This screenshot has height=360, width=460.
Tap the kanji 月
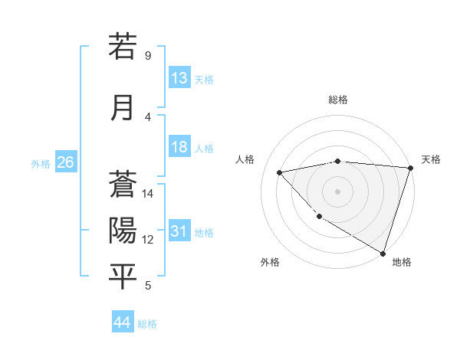[x=123, y=107]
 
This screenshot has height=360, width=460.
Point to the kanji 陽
[x=123, y=231]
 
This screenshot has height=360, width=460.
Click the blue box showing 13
[x=179, y=78]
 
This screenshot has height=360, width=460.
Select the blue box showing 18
[x=179, y=148]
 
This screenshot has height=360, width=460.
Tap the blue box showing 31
[x=179, y=232]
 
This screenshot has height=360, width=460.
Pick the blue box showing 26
[x=65, y=162]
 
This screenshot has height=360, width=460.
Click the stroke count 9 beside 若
[x=148, y=55]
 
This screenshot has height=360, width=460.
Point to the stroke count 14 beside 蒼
[x=149, y=194]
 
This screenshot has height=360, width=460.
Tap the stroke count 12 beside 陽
[x=149, y=240]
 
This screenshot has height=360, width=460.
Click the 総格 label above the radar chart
[x=337, y=100]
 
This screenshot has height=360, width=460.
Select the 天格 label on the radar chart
[x=431, y=159]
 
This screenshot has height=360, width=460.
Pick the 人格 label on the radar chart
[x=245, y=159]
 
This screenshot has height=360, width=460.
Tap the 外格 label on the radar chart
[x=270, y=262]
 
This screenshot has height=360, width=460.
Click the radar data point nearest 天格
[x=410, y=168]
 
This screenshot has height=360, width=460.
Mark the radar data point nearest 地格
[x=383, y=252]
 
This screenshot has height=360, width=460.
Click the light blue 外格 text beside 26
[x=40, y=163]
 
